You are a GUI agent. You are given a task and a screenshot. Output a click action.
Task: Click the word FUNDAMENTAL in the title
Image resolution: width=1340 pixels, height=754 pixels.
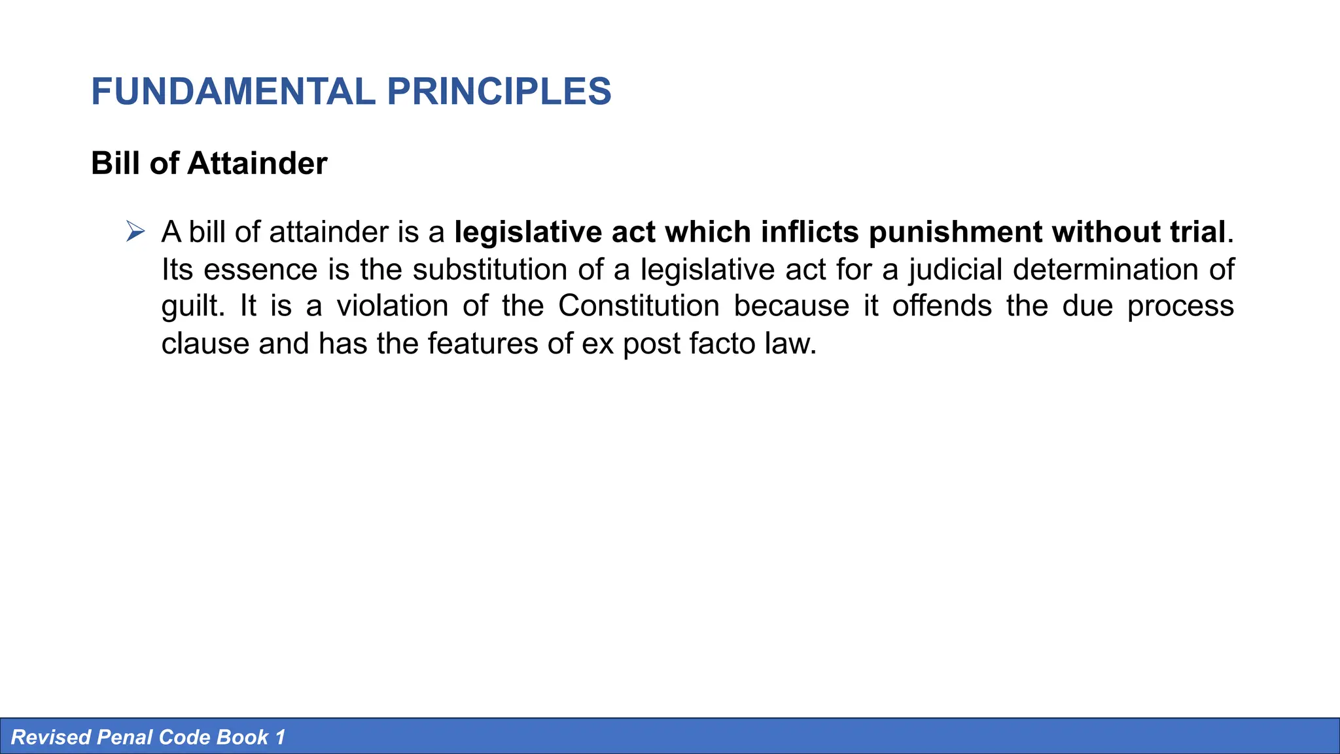[233, 92]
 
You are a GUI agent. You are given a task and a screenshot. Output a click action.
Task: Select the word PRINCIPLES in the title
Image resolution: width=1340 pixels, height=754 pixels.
[499, 92]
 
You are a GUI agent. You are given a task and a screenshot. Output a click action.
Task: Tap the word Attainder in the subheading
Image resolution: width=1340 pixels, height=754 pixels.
[257, 164]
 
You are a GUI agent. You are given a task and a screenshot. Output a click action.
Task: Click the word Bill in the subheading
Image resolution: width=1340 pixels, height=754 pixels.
[116, 164]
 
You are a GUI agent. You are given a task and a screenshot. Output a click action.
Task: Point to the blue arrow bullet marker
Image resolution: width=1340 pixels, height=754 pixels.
[135, 232]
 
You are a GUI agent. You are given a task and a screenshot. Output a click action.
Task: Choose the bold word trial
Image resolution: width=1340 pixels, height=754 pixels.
[1195, 232]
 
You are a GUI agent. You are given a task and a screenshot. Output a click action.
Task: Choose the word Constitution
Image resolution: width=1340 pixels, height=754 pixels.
[639, 306]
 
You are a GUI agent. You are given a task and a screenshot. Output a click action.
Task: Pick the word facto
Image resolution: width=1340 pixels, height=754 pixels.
[722, 344]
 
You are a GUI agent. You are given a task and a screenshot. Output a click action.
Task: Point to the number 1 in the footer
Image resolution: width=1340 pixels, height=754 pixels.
[281, 738]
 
